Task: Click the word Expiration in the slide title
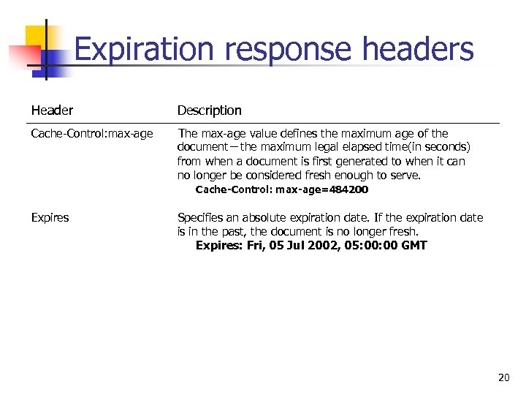(145, 50)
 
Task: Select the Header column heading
(52, 110)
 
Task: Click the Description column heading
(209, 110)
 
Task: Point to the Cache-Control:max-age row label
(92, 133)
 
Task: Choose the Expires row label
(50, 217)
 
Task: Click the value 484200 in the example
(349, 189)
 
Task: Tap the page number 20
(503, 377)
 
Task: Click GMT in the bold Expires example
(414, 246)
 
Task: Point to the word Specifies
(201, 217)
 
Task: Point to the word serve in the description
(408, 176)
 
